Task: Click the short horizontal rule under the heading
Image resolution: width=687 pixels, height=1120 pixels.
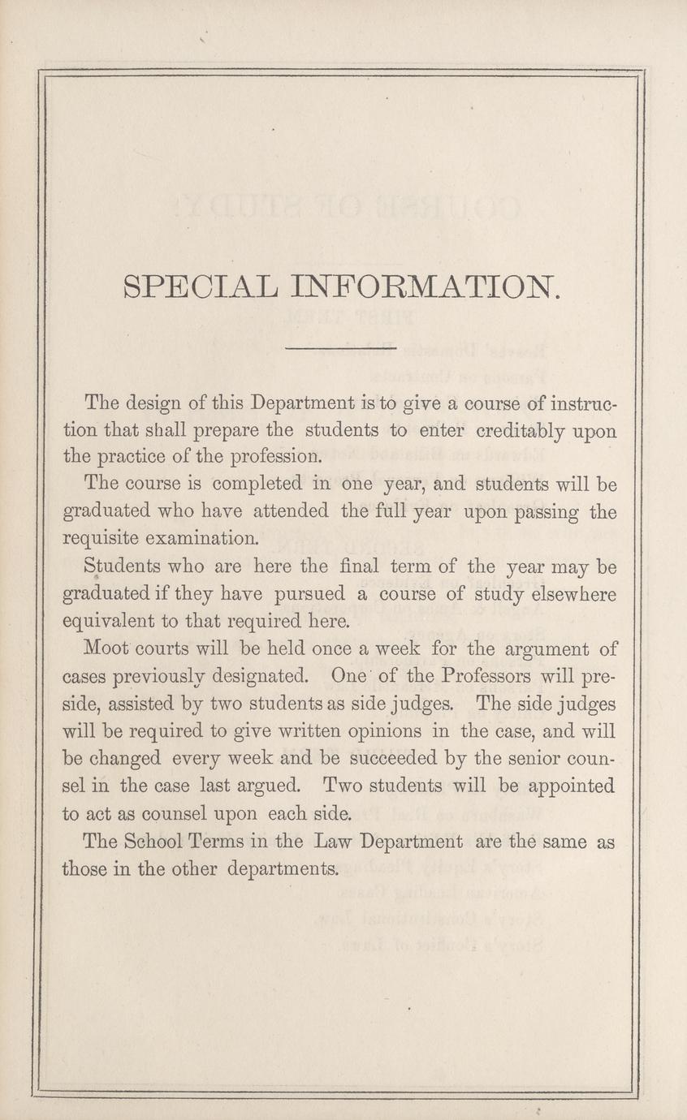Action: (x=341, y=349)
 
